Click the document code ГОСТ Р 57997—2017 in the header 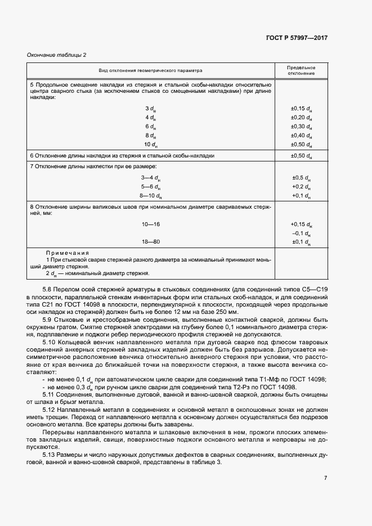[297, 38]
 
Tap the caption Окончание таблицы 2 [57, 55]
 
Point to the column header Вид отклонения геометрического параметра [151, 70]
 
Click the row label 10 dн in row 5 [150, 145]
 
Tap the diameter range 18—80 [150, 242]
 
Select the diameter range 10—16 [150, 224]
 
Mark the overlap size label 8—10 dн [150, 195]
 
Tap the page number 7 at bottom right [326, 478]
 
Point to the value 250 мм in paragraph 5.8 [227, 312]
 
